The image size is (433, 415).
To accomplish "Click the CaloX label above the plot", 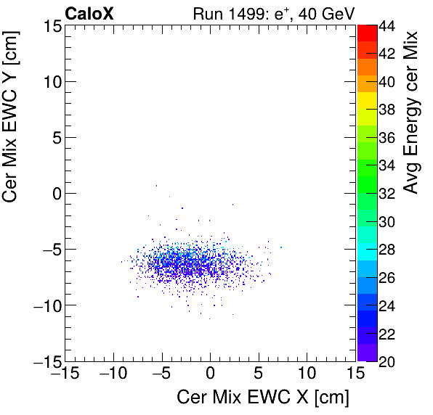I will [89, 13].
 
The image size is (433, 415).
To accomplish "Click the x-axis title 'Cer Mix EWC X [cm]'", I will [263, 398].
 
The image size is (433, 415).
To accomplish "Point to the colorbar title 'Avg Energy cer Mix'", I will [411, 112].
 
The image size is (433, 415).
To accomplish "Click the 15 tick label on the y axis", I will [50, 26].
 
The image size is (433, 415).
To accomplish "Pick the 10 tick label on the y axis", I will [50, 82].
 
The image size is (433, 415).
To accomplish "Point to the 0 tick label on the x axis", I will [210, 373].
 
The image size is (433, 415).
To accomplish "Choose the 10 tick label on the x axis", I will [307, 373].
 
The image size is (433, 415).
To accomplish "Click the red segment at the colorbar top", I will [367, 33].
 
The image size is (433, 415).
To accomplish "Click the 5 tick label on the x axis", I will [259, 373].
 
